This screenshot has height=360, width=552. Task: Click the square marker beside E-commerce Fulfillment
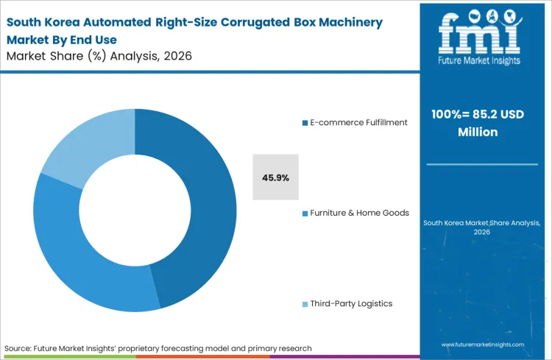304,123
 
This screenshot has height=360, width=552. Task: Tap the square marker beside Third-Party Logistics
304,304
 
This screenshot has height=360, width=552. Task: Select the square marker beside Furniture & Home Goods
304,213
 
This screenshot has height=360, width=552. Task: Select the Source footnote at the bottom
158,347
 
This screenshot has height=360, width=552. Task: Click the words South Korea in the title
41,22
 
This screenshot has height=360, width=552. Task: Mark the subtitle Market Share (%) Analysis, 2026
99,56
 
